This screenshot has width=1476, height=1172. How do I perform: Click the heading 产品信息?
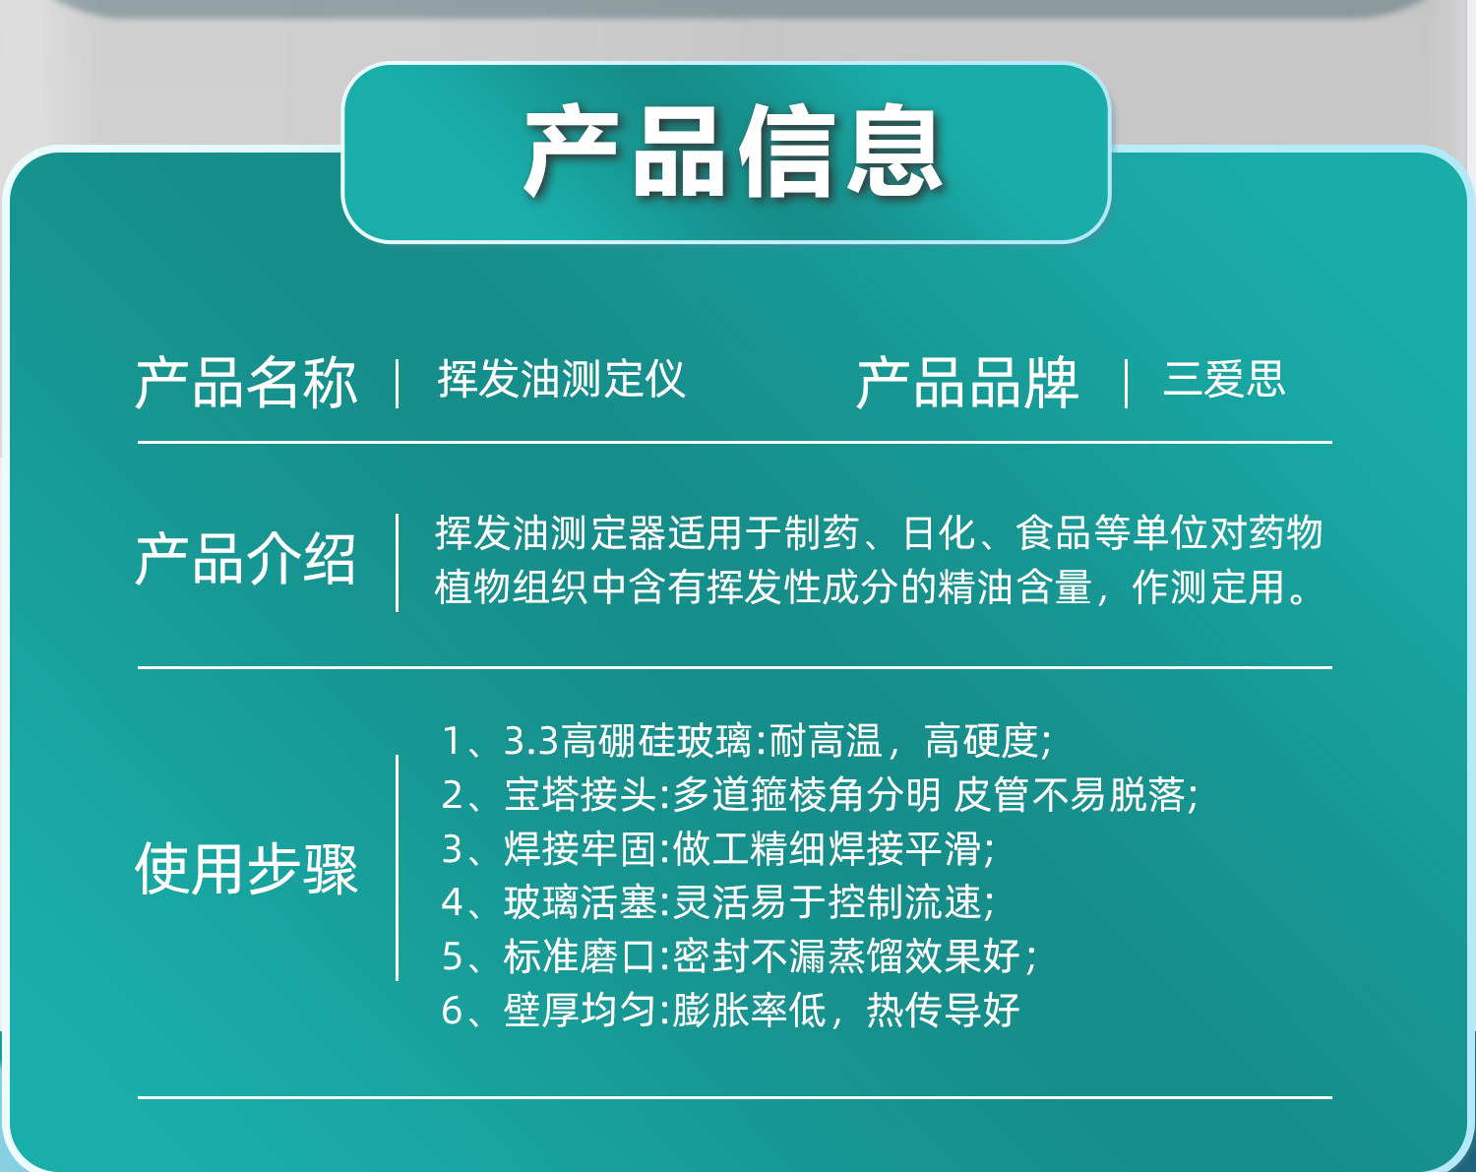point(732,151)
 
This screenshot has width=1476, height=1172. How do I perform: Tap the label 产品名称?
point(246,383)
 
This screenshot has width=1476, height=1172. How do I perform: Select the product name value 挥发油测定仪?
point(561,379)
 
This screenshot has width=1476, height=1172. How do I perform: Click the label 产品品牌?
point(967,383)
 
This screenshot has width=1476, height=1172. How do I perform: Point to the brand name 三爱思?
point(1223,379)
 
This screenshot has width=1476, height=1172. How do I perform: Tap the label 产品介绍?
point(246,559)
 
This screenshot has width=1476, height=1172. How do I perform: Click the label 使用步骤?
point(246,869)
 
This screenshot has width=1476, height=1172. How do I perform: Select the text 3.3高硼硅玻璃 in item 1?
point(628,741)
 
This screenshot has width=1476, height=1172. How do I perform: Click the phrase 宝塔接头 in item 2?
point(581,794)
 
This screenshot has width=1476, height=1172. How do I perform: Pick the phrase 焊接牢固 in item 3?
point(581,848)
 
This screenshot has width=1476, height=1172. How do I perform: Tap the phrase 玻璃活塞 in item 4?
point(581,901)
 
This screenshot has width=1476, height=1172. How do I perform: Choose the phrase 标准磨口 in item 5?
point(581,956)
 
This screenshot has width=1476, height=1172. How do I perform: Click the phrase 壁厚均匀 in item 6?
point(581,1010)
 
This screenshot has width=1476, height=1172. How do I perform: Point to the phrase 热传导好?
point(943,1010)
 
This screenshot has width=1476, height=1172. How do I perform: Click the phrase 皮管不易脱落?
point(1069,794)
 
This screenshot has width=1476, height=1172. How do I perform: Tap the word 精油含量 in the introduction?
point(1015,587)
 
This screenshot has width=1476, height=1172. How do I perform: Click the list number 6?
point(452,1010)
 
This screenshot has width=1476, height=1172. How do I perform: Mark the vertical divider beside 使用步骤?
point(398,868)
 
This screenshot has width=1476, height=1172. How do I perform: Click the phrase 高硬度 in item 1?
point(981,741)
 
